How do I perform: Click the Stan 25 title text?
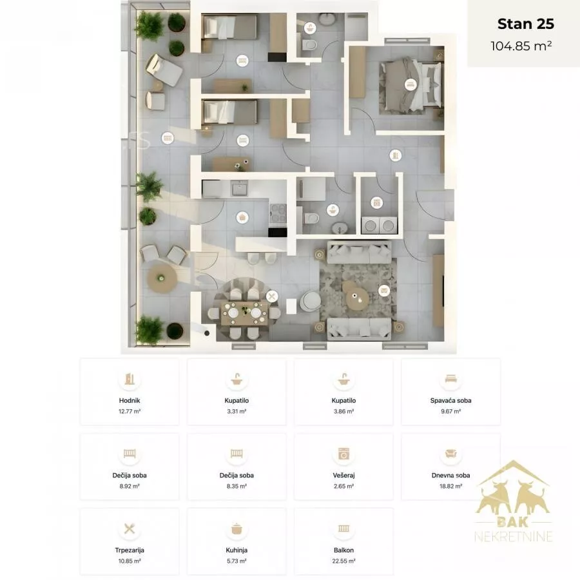pyautogui.click(x=526, y=24)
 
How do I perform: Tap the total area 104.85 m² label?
pyautogui.click(x=521, y=46)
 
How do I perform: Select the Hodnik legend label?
pyautogui.click(x=130, y=400)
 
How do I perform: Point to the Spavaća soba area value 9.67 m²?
pyautogui.click(x=450, y=411)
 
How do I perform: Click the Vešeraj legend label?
pyautogui.click(x=343, y=476)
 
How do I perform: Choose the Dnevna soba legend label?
pyautogui.click(x=450, y=476)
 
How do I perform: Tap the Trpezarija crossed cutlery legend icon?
pyautogui.click(x=130, y=528)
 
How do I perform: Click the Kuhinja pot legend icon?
pyautogui.click(x=237, y=528)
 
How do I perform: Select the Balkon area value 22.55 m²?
pyautogui.click(x=343, y=561)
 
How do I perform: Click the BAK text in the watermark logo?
pyautogui.click(x=513, y=522)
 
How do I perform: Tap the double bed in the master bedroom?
pyautogui.click(x=411, y=85)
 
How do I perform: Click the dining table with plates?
pyautogui.click(x=244, y=313)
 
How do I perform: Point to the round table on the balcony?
pyautogui.click(x=162, y=277)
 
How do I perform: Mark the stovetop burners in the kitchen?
pyautogui.click(x=278, y=214)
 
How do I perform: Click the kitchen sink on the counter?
pyautogui.click(x=240, y=189)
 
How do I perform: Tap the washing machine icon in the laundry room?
pyautogui.click(x=376, y=202)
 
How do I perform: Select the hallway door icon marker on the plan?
pyautogui.click(x=396, y=155)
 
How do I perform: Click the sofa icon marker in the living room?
pyautogui.click(x=384, y=291)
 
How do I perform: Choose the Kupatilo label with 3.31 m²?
pyautogui.click(x=237, y=400)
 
